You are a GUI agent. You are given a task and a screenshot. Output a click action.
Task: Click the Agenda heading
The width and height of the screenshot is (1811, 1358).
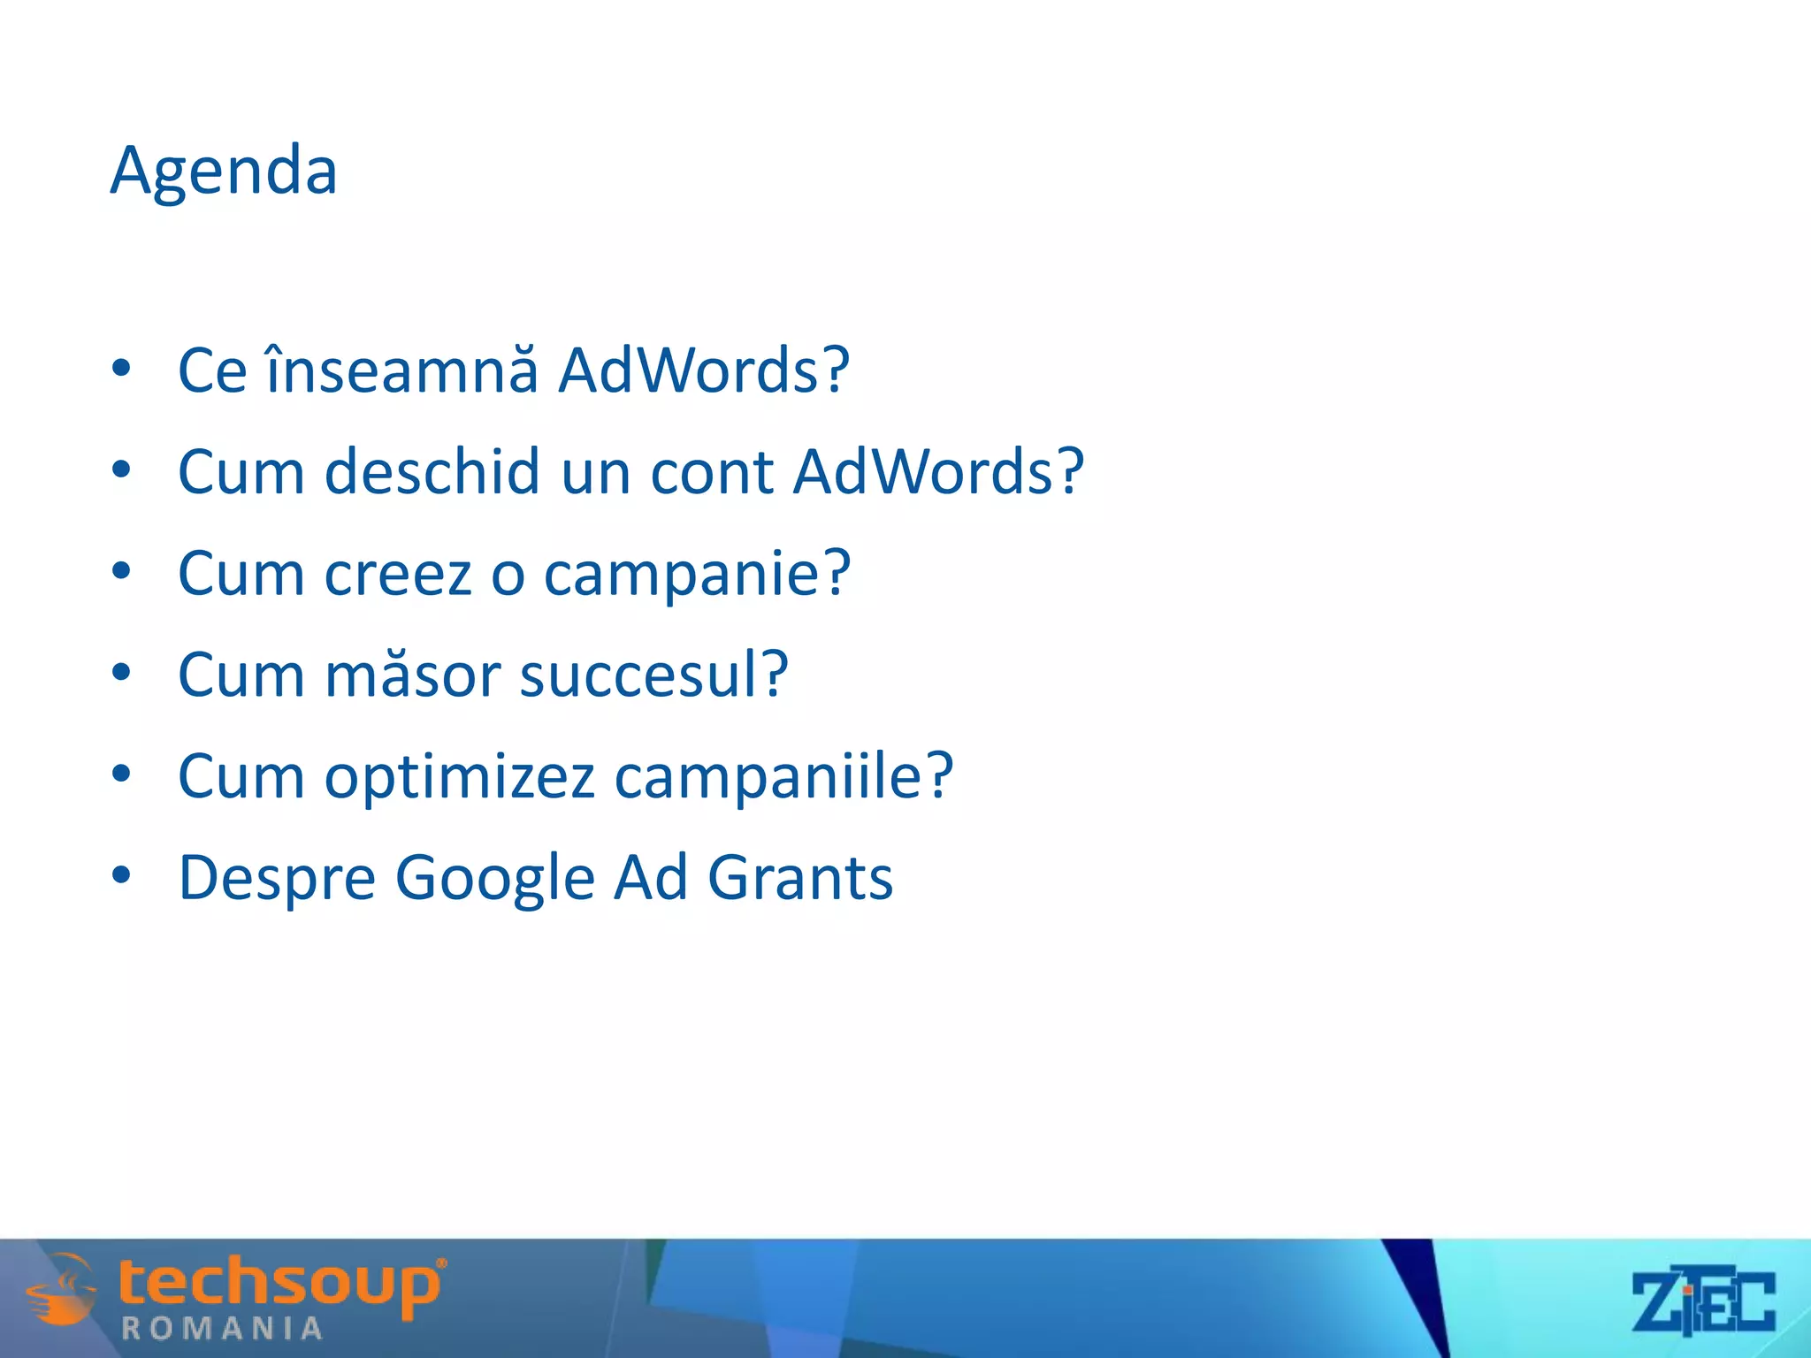point(224,170)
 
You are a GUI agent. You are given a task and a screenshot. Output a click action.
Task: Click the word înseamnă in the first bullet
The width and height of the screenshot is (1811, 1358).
point(402,370)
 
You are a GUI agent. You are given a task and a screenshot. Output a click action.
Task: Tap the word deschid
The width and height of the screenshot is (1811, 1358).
point(432,471)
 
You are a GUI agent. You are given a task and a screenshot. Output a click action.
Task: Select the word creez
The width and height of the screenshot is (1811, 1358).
point(398,574)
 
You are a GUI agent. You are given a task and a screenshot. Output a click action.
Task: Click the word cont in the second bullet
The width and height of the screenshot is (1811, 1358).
point(712,471)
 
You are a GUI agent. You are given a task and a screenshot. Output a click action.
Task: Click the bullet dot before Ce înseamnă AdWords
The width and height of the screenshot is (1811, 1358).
point(122,367)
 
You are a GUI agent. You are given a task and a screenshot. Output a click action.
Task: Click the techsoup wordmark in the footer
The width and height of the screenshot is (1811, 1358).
point(280,1285)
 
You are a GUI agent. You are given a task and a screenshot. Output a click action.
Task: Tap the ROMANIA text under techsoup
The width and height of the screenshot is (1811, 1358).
point(222,1329)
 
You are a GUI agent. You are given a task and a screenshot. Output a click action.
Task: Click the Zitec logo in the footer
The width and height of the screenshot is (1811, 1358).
point(1703,1302)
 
